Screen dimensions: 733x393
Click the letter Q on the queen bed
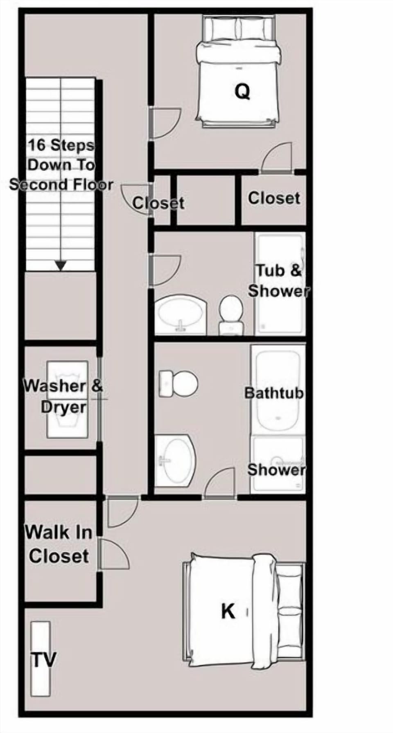point(242,92)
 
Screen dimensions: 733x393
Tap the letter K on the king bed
point(228,612)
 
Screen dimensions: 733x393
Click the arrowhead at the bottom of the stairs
point(61,266)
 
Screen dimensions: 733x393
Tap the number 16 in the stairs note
point(37,145)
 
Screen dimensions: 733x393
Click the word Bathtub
point(274,393)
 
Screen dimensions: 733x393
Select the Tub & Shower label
point(278,281)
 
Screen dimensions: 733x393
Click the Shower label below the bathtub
point(276,470)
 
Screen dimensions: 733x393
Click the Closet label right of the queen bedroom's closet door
point(274,198)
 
